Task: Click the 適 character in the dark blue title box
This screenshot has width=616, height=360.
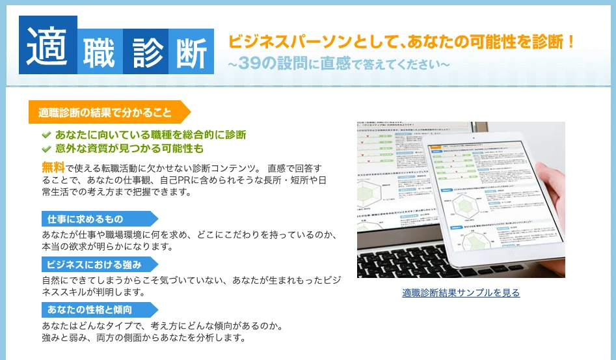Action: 48,45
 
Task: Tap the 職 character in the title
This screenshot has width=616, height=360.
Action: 100,51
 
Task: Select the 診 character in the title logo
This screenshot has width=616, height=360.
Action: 145,51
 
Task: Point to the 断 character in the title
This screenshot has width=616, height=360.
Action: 191,51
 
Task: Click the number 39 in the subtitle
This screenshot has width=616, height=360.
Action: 249,64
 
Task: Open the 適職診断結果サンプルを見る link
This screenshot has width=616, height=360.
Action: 461,293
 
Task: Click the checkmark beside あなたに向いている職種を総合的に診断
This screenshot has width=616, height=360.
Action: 46,135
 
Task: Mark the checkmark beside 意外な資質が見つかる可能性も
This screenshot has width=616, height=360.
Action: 46,149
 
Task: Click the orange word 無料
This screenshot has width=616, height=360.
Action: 53,167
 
